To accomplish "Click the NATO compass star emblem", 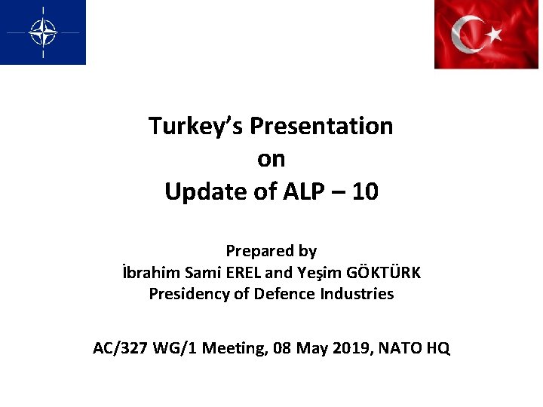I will pos(42,32).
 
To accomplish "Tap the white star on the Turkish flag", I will pos(492,33).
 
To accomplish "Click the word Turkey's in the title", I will pos(195,126).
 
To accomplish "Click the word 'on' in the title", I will pos(271,159).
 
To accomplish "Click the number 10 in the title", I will pos(365,192).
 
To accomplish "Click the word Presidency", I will pos(189,294).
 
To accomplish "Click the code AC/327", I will pos(118,348).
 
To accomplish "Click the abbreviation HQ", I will pos(437,348).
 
